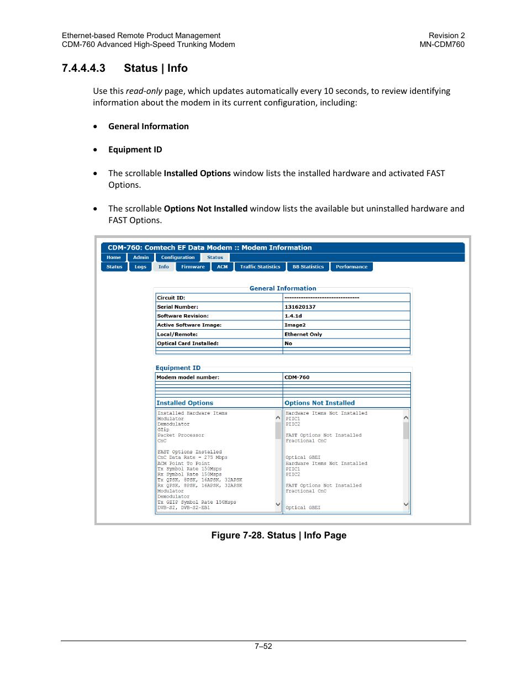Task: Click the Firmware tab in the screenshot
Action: click(193, 267)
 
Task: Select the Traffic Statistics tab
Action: click(260, 267)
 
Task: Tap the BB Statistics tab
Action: click(308, 267)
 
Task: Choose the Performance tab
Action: click(351, 267)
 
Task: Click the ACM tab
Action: click(222, 267)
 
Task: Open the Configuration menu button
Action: click(177, 257)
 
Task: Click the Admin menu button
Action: click(141, 257)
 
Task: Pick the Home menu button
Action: click(114, 257)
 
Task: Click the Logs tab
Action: click(140, 267)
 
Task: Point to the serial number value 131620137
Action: click(300, 307)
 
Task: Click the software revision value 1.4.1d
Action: click(293, 316)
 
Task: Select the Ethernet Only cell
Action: click(303, 334)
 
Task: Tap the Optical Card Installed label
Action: click(188, 343)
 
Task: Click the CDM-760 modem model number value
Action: click(297, 377)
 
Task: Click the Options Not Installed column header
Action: click(320, 403)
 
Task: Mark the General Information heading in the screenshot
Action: click(283, 288)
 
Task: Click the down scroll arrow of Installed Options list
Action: click(278, 504)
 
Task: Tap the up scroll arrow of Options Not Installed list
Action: click(406, 418)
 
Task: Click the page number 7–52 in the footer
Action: click(263, 646)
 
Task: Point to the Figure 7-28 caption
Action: click(279, 535)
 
